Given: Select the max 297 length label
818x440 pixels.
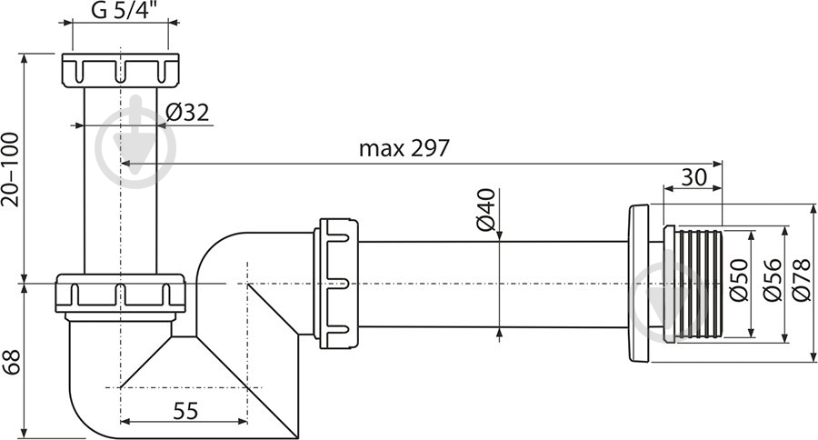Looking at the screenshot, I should point(404,148).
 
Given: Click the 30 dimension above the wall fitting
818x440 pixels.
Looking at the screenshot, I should point(693,178).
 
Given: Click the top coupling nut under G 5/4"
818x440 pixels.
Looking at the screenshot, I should point(120,71).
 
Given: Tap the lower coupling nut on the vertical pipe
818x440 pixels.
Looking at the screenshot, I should point(120,294).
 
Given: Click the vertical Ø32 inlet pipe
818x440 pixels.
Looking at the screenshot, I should point(120,182).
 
